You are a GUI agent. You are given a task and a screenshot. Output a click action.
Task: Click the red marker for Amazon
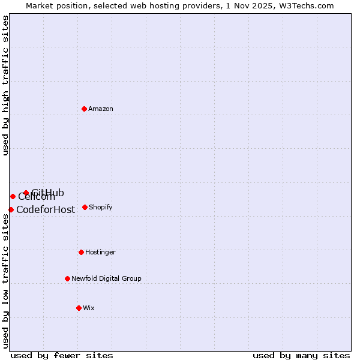(84, 109)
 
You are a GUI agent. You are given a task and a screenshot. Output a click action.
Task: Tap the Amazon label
(101, 109)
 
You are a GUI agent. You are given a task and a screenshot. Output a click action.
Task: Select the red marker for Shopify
(85, 207)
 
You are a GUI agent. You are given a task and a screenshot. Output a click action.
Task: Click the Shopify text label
(100, 208)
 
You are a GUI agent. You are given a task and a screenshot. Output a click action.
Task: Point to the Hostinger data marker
(81, 252)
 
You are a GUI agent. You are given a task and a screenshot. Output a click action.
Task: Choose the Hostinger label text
(100, 253)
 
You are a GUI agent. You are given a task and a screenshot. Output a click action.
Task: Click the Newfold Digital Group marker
(67, 278)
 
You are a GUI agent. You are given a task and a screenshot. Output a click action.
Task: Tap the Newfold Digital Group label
(106, 279)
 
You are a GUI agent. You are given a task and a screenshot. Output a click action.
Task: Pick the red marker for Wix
(79, 308)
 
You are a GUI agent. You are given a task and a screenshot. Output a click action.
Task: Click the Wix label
(88, 308)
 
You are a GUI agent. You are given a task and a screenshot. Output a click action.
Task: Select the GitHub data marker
(26, 193)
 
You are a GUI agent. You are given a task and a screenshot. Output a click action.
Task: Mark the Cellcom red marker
(13, 196)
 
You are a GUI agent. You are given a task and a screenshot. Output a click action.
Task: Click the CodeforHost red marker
(11, 209)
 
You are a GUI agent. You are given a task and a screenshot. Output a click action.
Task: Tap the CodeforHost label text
(46, 210)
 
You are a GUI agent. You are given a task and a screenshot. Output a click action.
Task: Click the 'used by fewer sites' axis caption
(62, 355)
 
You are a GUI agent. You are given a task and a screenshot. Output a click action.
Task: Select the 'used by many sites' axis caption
(301, 355)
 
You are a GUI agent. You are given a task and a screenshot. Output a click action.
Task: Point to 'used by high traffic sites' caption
(5, 85)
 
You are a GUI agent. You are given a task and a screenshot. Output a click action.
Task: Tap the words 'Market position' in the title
(52, 5)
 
